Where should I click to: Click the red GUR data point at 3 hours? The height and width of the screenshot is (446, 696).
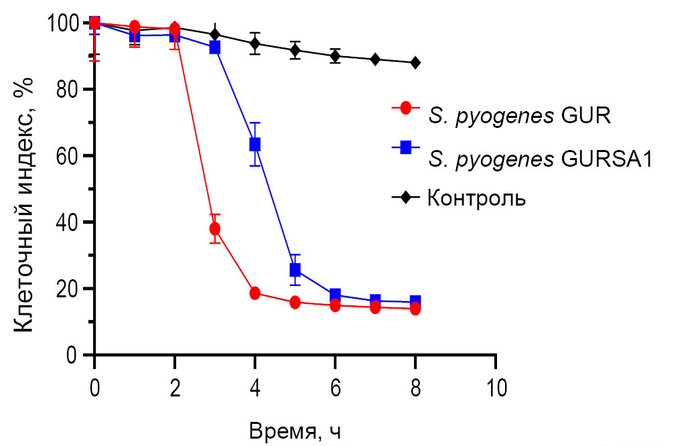coord(214,229)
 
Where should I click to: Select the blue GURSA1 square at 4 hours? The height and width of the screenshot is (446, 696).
coord(255,144)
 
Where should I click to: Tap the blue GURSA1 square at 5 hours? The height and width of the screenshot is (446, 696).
coord(295,270)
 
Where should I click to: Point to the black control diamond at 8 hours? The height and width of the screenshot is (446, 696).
coord(415,62)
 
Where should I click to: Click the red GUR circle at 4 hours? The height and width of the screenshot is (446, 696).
coord(255,293)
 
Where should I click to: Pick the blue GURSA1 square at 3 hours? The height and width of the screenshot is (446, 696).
coord(214,48)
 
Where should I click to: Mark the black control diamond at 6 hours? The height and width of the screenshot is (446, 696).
coord(335,56)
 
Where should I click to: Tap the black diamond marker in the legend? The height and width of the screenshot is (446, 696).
coord(405,198)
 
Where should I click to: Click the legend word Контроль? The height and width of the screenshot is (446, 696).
coord(476,198)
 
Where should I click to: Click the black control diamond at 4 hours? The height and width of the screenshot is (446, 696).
coord(255,44)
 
